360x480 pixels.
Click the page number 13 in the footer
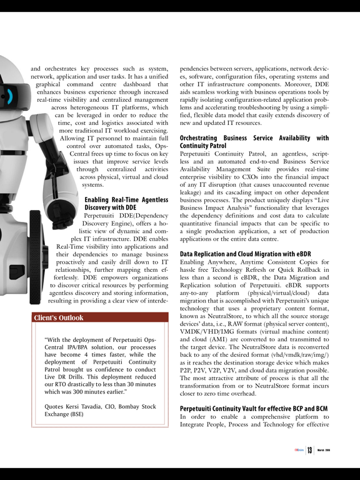(x=309, y=451)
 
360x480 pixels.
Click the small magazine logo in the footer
(x=298, y=451)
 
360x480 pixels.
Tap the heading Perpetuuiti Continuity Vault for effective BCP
(x=254, y=408)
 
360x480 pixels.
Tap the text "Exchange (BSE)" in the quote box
(x=68, y=414)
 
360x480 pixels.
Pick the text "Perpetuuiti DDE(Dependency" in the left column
(x=126, y=216)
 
